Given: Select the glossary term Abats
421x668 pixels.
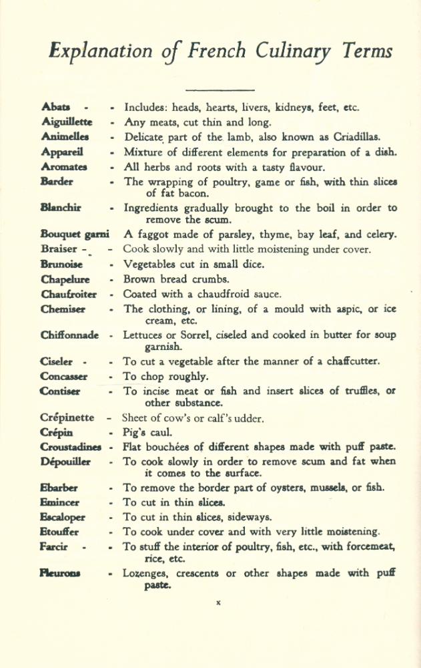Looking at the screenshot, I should pos(55,107).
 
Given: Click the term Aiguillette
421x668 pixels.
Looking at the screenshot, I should pos(67,122).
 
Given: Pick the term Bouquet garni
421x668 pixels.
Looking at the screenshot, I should pos(75,234).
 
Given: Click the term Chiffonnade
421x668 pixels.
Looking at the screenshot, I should pos(69,335).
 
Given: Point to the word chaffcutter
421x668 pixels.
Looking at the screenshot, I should pos(348,362).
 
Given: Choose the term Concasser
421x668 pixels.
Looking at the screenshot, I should pos(64,377).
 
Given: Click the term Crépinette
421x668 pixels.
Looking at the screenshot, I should pos(67,418).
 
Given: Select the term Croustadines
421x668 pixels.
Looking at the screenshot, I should pos(71,447).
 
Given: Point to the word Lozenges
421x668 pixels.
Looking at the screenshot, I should pos(147,573).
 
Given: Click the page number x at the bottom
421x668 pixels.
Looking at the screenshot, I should pos(218,603).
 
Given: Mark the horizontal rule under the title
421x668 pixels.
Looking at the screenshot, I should pos(220,90).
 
